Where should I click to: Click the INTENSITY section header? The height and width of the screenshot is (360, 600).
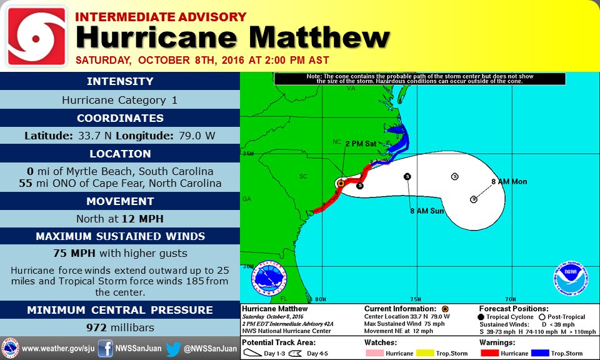[x=120, y=81]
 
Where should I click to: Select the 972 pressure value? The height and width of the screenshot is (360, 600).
[x=97, y=327]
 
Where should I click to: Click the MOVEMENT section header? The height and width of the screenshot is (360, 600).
[x=120, y=201]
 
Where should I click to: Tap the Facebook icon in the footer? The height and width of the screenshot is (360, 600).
[x=106, y=348]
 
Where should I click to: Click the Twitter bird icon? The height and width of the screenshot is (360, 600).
[x=173, y=348]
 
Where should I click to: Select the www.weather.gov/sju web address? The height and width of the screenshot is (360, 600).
[x=58, y=348]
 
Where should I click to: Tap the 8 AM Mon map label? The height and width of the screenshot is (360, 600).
[x=509, y=182]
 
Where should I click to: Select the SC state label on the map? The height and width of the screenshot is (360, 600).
[x=303, y=177]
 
